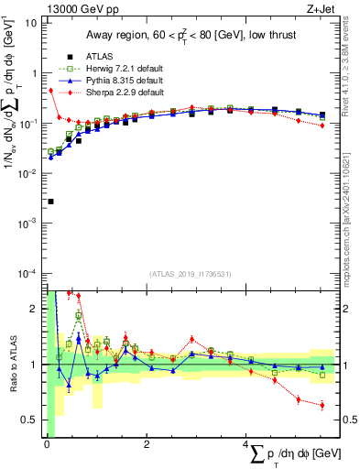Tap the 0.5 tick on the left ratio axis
[30, 420]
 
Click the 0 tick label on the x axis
[47, 444]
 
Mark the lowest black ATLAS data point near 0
[50, 202]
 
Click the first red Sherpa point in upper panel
[50, 91]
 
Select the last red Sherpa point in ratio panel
[322, 405]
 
